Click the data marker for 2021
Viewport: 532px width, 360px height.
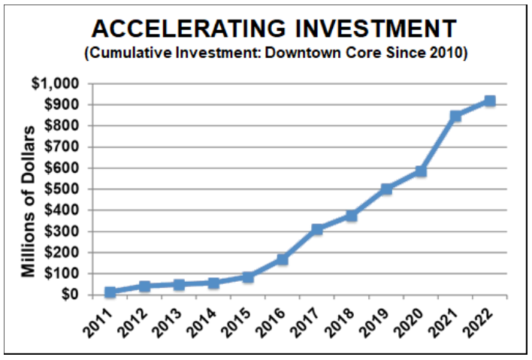(455, 116)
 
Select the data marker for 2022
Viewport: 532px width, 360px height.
(490, 101)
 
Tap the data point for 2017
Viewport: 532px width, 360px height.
(317, 229)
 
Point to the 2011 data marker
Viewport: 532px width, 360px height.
(110, 292)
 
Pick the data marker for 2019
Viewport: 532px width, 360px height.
(386, 189)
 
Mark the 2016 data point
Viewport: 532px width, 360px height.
(283, 259)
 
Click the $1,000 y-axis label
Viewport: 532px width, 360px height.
(56, 83)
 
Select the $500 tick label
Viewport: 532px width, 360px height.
(62, 189)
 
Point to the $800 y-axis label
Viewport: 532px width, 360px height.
(62, 126)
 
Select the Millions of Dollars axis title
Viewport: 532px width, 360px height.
(28, 201)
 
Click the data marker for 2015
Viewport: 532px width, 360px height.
(248, 277)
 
